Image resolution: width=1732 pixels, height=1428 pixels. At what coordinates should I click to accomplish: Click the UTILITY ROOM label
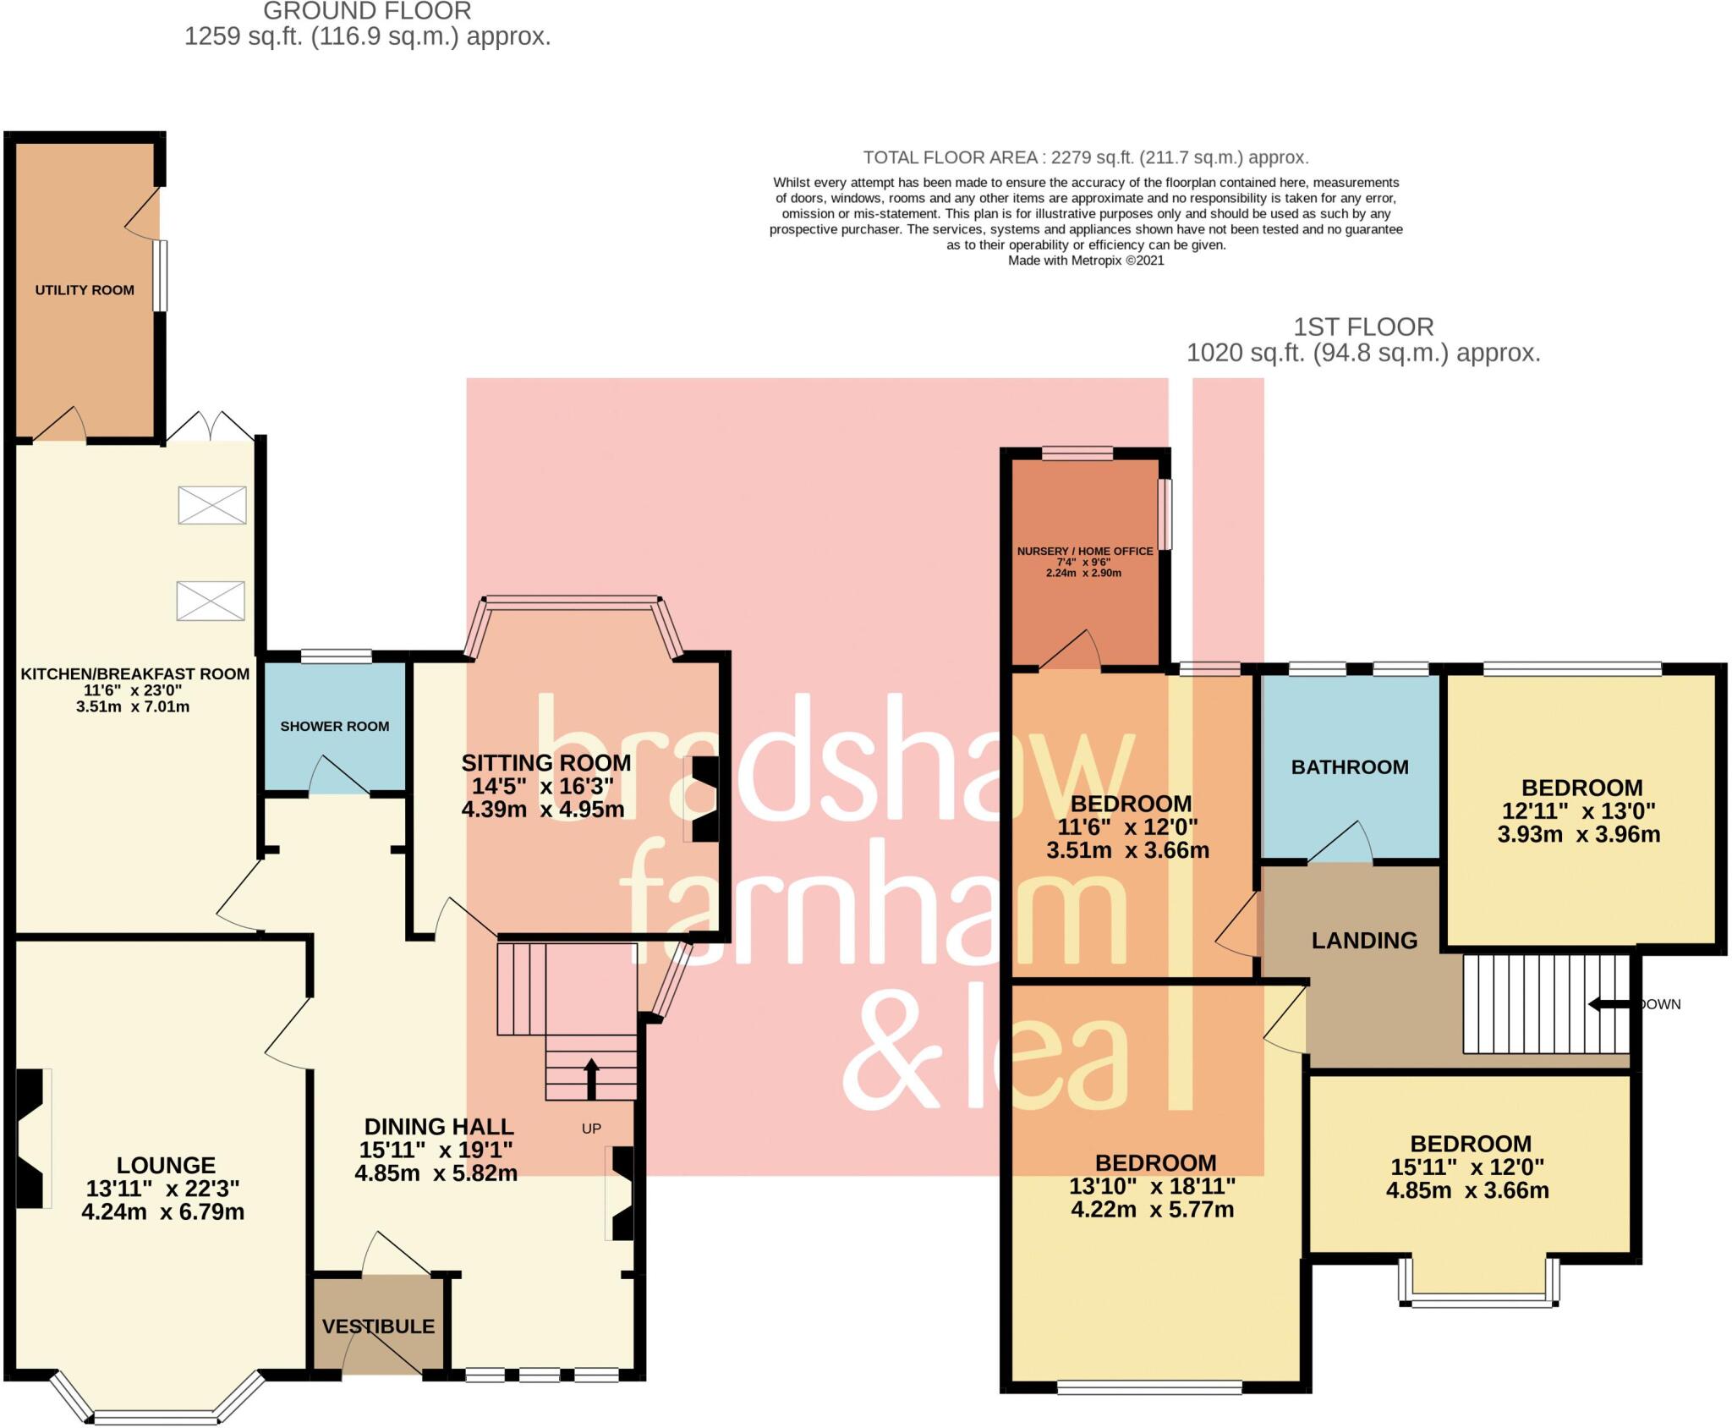[85, 290]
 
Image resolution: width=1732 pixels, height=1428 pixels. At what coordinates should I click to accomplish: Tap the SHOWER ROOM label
[335, 726]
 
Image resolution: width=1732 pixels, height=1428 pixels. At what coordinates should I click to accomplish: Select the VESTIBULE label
[378, 1326]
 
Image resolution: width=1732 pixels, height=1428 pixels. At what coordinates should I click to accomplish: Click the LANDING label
[1364, 941]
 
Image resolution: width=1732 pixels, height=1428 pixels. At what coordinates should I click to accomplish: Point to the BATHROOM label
[1350, 767]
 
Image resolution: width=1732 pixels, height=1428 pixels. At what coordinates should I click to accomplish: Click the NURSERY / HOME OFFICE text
[1085, 551]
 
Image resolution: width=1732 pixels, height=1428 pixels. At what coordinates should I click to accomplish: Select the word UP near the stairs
[591, 1129]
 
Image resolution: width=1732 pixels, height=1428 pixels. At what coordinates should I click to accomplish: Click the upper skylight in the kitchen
[212, 505]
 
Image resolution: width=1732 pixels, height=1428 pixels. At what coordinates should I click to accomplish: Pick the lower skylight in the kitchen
[211, 601]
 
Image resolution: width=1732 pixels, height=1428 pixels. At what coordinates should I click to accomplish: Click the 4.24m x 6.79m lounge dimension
[163, 1212]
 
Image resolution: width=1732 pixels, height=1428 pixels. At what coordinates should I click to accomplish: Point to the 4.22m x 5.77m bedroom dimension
[1152, 1210]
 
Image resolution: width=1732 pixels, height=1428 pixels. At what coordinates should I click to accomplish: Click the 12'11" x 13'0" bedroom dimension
[1578, 811]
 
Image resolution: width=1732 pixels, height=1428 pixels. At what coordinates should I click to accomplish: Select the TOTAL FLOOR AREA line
[1085, 157]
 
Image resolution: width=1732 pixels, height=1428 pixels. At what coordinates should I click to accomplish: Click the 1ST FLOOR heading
[1363, 327]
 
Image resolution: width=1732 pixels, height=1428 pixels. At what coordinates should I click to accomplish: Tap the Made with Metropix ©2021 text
[1086, 261]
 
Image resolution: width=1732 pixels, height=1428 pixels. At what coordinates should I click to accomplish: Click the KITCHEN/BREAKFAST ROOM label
[135, 674]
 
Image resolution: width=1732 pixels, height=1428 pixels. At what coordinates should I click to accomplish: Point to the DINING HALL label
[439, 1127]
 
